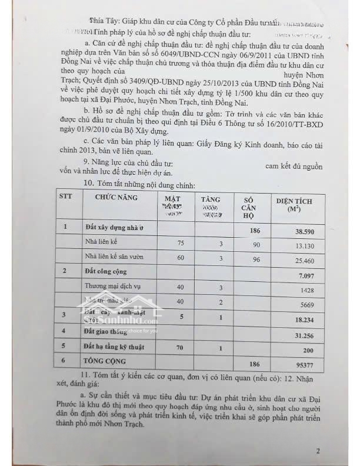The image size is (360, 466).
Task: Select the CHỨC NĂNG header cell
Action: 116,197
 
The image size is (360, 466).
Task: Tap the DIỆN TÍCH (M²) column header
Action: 294,205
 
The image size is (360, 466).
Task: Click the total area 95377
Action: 305,364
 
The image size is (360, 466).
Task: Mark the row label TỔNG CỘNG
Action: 105,359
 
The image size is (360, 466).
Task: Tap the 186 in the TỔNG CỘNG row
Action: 255,364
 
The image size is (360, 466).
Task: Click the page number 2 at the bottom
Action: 317,451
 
